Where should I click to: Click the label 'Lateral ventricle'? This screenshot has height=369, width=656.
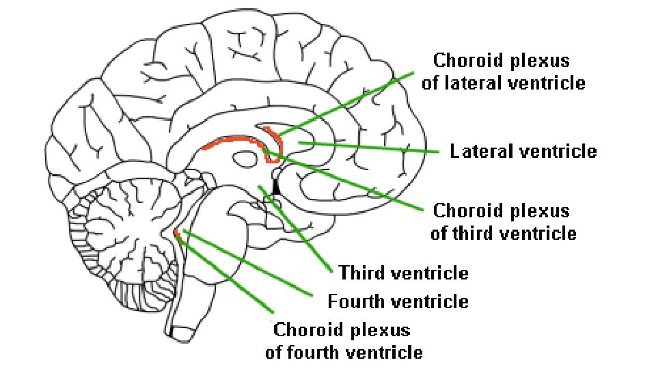coord(523,151)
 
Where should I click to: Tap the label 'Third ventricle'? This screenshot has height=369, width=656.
coord(404,273)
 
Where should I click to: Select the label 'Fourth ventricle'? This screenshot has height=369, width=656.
coord(398,301)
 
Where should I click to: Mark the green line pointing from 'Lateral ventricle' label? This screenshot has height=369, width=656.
coord(369,147)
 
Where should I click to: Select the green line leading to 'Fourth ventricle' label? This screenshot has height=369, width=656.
coord(246,264)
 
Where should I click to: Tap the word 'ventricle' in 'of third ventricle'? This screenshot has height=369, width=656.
coord(539,233)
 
